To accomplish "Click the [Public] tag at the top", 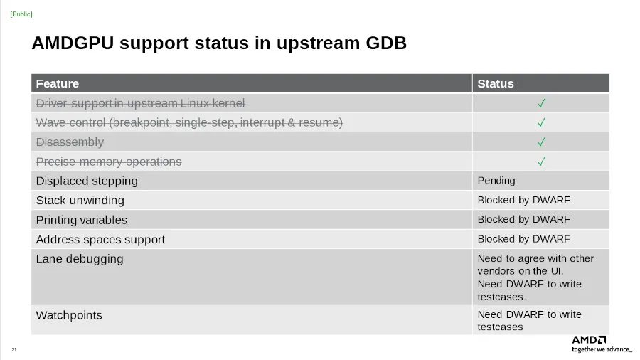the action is pos(21,14).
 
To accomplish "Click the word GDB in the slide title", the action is pos(385,43).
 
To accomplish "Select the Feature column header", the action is pos(57,83).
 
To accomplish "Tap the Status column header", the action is pos(496,83).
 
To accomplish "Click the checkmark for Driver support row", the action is pos(541,103).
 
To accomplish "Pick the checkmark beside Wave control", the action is pos(541,122).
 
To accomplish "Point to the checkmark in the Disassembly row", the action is pos(541,142).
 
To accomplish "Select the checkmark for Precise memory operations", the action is pos(541,162).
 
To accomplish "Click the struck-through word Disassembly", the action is pos(70,142).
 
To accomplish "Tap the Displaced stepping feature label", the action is pos(87,181).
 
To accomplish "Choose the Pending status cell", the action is pos(496,181).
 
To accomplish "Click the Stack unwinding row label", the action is pos(80,201).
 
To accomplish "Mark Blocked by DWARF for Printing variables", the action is pos(523,219).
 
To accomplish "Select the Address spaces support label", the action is pos(100,240).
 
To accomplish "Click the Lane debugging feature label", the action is pos(80,259).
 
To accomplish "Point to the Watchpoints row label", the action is pos(69,315).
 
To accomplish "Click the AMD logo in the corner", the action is pos(589,339).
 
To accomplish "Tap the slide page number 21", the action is pos(14,349).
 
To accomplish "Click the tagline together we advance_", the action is pos(602,349).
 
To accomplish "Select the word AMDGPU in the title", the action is pos(73,43).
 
